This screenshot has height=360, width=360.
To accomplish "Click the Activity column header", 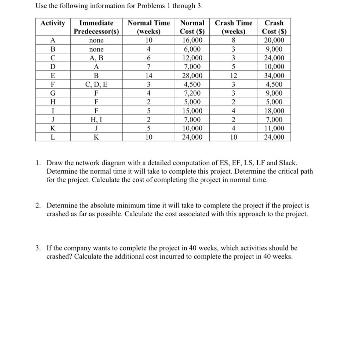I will [53, 23].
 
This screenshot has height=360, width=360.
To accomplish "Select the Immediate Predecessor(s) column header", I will [96, 27].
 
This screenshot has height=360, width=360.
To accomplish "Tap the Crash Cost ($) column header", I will [274, 27].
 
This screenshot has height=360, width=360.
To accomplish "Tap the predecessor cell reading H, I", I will [96, 120].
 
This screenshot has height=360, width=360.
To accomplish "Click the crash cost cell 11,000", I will [274, 129].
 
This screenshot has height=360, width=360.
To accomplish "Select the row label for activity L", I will [53, 137].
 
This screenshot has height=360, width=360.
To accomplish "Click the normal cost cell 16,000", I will [192, 41].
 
